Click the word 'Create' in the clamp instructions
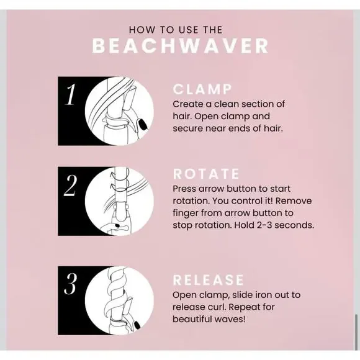(x=187, y=104)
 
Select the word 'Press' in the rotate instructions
(x=186, y=189)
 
